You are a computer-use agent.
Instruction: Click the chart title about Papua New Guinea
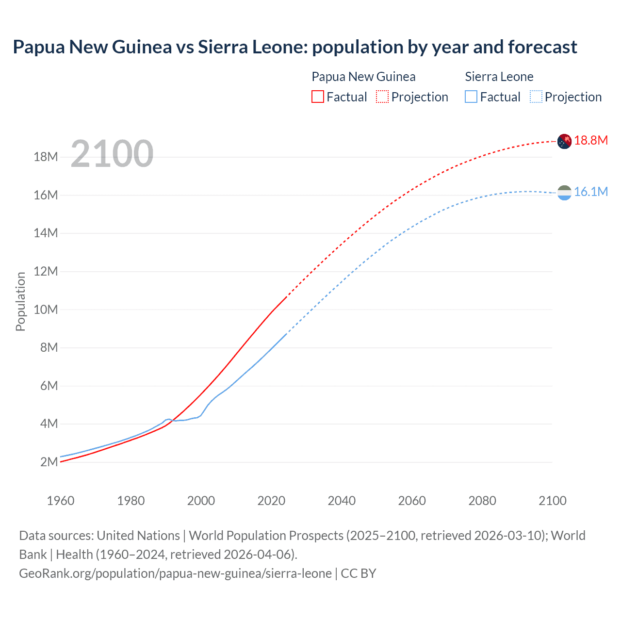[295, 47]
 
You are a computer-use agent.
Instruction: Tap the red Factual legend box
[317, 97]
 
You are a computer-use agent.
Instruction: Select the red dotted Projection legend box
[382, 97]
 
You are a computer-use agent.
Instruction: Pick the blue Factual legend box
[471, 97]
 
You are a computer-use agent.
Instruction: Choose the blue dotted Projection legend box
[536, 97]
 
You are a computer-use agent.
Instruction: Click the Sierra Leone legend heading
[499, 77]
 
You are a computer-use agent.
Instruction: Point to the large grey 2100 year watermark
[112, 154]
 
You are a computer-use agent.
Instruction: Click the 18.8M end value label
[590, 140]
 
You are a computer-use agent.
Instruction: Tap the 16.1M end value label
[590, 192]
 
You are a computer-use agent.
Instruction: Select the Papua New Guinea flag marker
[564, 141]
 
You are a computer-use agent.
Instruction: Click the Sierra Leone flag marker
[564, 193]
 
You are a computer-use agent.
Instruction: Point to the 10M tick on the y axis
[46, 310]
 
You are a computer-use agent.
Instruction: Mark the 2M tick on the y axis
[49, 462]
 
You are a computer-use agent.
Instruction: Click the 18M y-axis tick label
[46, 157]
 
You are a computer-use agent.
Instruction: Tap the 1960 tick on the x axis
[61, 501]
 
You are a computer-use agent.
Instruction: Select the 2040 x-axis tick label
[342, 501]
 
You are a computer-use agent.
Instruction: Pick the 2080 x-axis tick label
[482, 501]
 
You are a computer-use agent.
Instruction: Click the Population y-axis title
[20, 301]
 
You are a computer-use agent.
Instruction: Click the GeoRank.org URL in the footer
[175, 573]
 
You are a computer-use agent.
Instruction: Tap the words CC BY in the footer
[359, 573]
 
